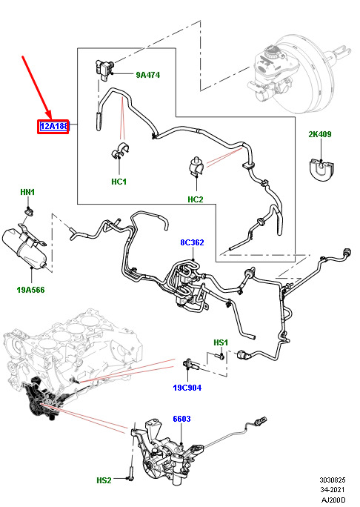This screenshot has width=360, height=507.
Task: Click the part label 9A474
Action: [x=147, y=75]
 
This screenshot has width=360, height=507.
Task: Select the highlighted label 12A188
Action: [x=53, y=126]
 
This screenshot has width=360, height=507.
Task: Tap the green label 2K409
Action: [x=319, y=134]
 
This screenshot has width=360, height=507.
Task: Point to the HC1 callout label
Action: [x=119, y=182]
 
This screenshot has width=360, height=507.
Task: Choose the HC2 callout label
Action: [x=196, y=199]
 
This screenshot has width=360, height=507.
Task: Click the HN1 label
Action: [x=27, y=192]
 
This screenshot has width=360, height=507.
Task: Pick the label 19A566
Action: [x=30, y=290]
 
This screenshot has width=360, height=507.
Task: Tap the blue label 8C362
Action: [x=193, y=242]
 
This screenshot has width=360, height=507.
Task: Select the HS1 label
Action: [x=221, y=342]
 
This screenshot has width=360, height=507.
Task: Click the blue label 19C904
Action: [x=187, y=388]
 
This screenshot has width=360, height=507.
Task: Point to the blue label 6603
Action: [x=181, y=419]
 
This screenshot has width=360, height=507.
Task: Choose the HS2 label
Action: [x=104, y=480]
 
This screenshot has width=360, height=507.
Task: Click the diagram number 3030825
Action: [x=333, y=480]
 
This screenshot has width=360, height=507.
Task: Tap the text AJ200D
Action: [x=333, y=500]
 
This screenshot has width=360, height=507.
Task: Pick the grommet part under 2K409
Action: [x=321, y=170]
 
